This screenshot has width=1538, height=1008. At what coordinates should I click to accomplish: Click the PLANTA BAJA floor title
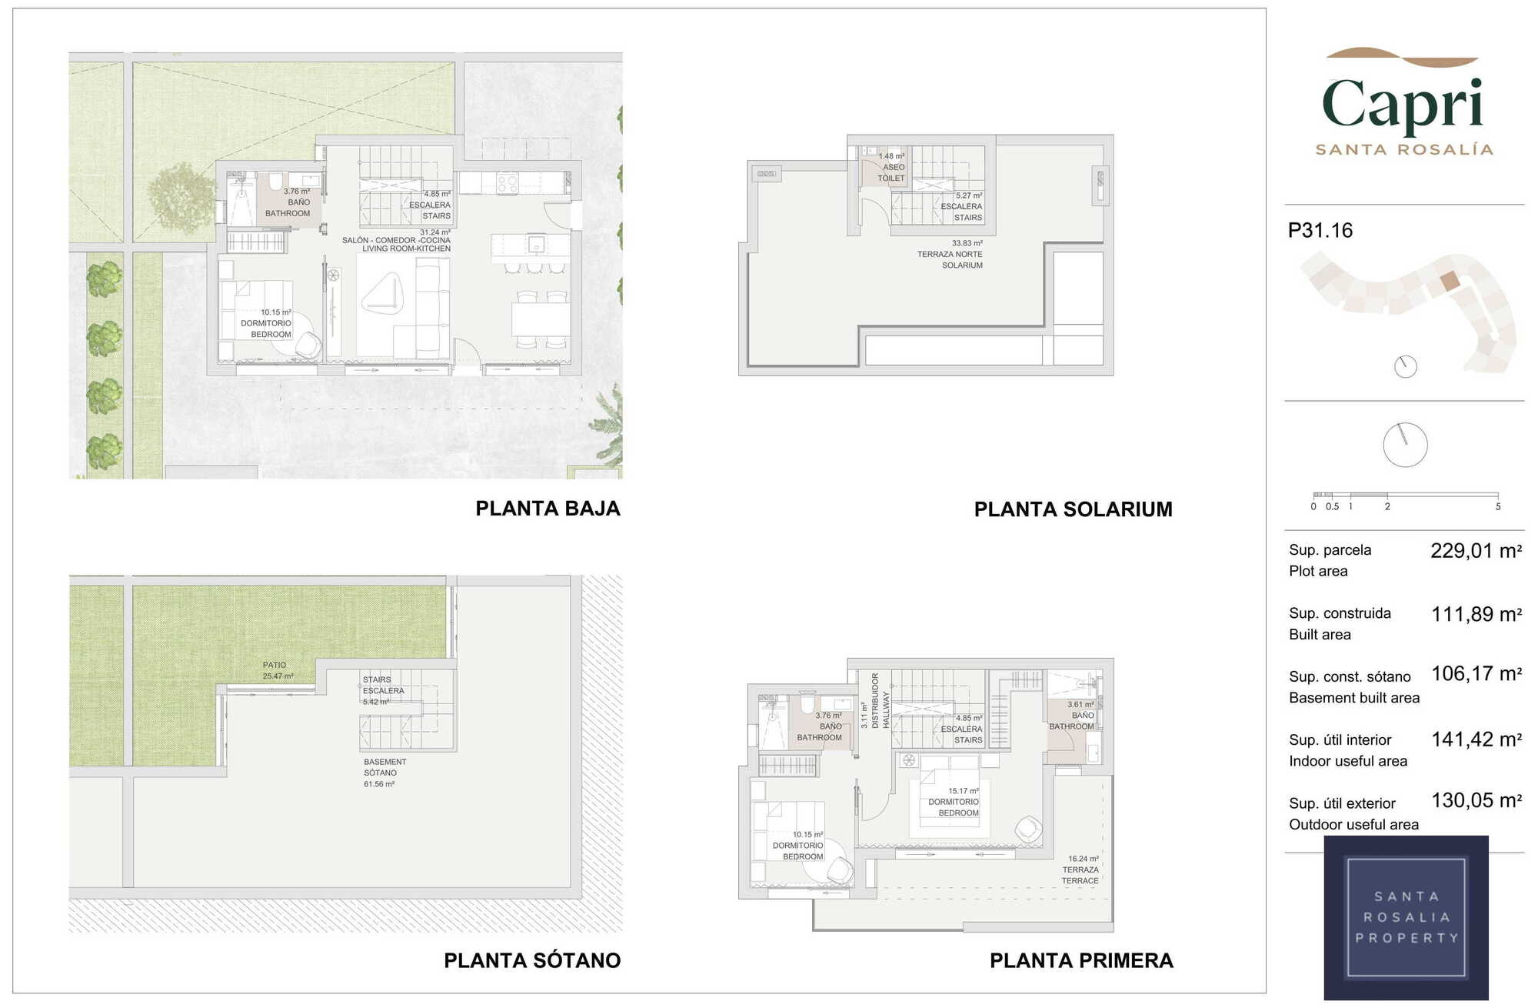pos(548,509)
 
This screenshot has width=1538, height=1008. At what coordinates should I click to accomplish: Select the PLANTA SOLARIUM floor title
pos(1073,509)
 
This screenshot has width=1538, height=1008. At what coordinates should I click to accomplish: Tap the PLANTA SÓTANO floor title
pos(532,960)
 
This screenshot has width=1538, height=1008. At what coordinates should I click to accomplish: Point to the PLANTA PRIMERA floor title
pos(1081,960)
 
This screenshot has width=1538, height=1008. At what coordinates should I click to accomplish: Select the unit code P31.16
pos(1320,230)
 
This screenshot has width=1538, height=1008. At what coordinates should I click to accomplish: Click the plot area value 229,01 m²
pos(1476,551)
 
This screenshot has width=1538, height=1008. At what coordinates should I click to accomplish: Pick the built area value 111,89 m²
pos(1476,614)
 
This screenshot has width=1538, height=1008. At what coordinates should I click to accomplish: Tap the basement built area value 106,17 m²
pos(1476,674)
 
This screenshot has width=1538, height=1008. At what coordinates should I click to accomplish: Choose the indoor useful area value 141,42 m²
pos(1476,739)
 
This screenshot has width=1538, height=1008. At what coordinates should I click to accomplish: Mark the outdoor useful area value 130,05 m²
pos(1476,801)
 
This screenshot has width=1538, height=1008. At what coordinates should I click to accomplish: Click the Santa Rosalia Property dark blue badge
pos(1406,917)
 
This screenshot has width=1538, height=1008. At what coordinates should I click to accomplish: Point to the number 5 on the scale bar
pos(1498,506)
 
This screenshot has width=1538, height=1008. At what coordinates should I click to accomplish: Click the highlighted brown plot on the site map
pos(1449,280)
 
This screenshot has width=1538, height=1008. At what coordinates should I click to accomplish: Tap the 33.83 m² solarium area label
pos(967,243)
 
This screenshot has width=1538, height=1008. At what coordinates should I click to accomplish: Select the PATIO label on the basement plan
pos(275,665)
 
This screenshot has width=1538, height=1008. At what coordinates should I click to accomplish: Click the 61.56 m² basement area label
pos(379,784)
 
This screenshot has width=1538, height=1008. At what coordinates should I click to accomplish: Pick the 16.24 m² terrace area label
pos(1084,859)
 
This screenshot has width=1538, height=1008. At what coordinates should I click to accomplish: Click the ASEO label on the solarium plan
pos(894,167)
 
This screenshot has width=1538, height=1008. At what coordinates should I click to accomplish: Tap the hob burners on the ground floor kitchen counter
pos(508,183)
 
